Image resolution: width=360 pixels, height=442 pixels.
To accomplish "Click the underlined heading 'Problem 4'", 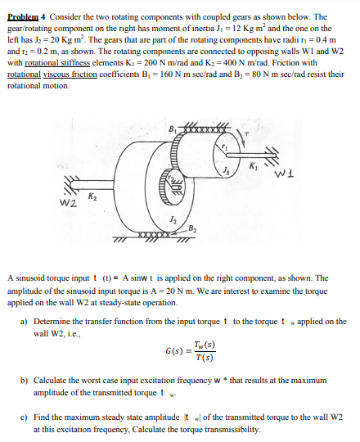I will point(34,16).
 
